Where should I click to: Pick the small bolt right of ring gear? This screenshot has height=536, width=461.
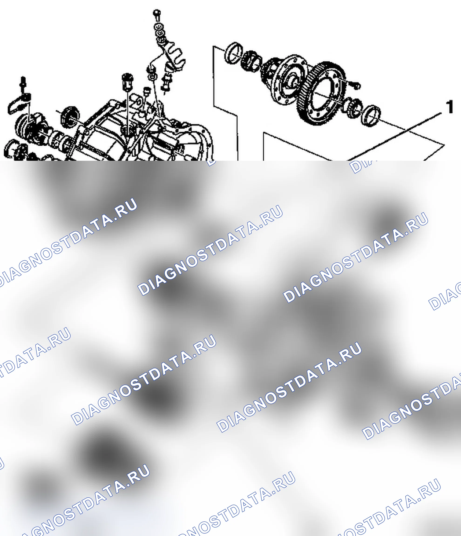tap(356, 85)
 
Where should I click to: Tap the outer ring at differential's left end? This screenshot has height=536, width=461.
tap(234, 53)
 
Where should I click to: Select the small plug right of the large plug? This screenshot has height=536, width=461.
tap(147, 91)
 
